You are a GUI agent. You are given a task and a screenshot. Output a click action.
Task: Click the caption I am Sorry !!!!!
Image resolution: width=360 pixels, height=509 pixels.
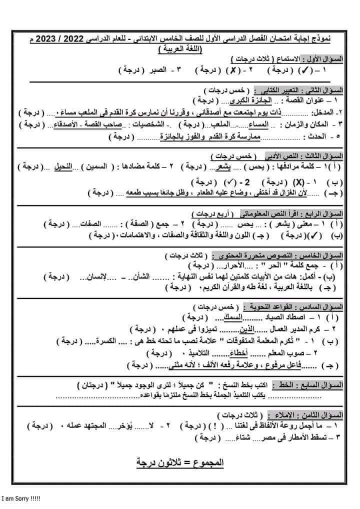[x=21, y=499]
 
